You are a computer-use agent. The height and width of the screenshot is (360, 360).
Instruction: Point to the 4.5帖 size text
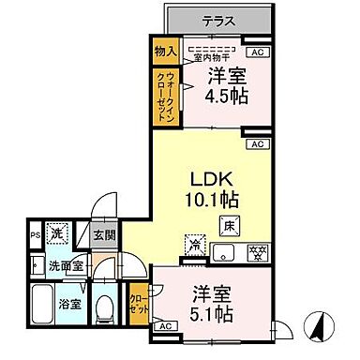point(228,94)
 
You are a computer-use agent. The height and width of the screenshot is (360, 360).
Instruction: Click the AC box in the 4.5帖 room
point(257,53)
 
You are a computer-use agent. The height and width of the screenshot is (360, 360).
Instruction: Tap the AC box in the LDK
point(257,144)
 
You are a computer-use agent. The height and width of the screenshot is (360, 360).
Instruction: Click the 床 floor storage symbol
point(228,226)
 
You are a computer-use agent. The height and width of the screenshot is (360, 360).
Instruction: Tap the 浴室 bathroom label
point(69,305)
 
